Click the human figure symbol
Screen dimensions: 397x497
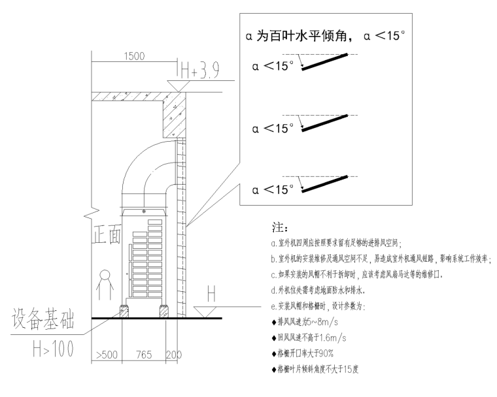(x=103, y=283)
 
